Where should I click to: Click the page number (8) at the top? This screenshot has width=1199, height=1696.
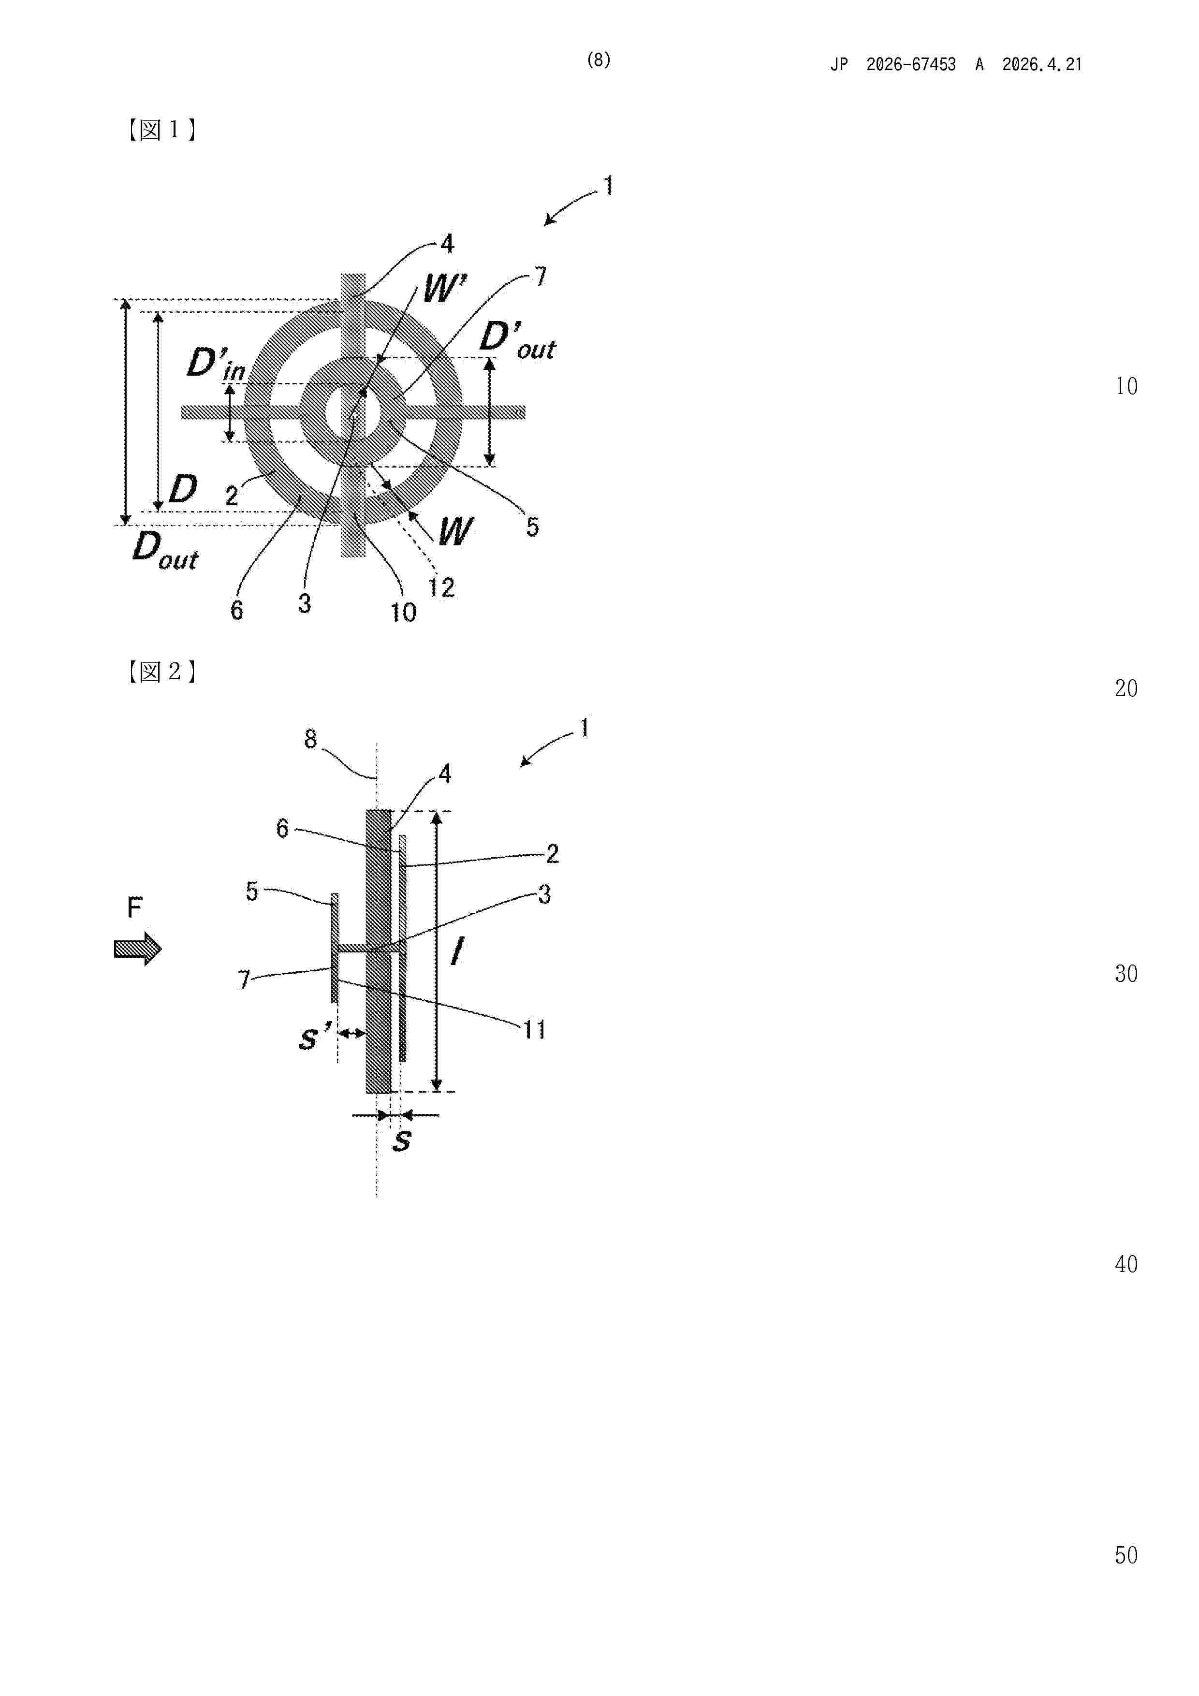pyautogui.click(x=599, y=60)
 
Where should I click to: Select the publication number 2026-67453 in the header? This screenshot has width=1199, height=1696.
pyautogui.click(x=911, y=65)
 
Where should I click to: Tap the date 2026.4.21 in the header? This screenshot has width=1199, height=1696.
pyautogui.click(x=1042, y=65)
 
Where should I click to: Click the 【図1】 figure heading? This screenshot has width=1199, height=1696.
pyautogui.click(x=161, y=130)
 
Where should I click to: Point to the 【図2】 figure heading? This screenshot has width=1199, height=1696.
pyautogui.click(x=161, y=672)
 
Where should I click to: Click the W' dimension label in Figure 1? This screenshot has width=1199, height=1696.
pyautogui.click(x=445, y=287)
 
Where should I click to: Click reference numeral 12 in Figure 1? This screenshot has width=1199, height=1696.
pyautogui.click(x=442, y=587)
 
